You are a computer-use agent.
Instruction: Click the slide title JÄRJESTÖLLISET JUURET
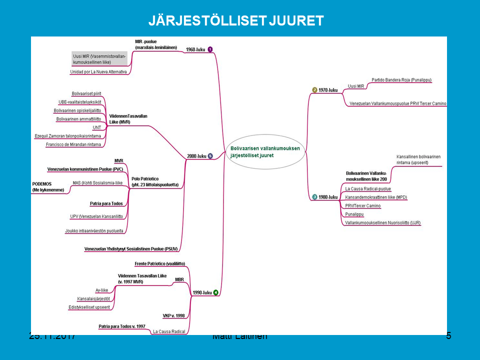click(x=236, y=20)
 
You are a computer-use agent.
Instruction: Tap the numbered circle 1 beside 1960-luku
click(x=210, y=49)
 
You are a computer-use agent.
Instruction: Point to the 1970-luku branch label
click(x=328, y=90)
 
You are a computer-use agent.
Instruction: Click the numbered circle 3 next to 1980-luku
click(x=314, y=197)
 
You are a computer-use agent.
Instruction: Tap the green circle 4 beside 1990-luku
click(x=215, y=292)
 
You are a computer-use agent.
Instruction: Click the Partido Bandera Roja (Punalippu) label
click(x=401, y=80)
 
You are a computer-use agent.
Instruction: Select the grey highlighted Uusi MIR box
click(x=99, y=59)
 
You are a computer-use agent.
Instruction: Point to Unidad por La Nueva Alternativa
click(x=98, y=72)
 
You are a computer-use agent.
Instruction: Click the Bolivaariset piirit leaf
click(x=86, y=93)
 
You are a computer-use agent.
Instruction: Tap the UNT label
click(x=96, y=127)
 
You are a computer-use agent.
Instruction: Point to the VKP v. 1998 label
click(x=173, y=315)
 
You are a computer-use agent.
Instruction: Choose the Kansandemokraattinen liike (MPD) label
click(x=376, y=197)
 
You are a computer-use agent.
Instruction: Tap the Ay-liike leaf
click(x=101, y=290)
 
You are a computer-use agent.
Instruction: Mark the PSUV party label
click(x=131, y=248)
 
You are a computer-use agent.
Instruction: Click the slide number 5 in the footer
click(x=448, y=336)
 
